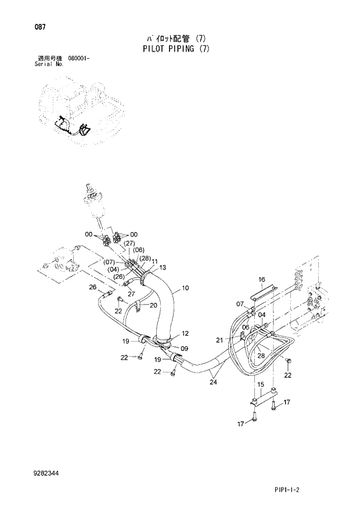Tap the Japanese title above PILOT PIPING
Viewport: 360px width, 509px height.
175,39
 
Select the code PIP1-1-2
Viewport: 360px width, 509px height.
315,492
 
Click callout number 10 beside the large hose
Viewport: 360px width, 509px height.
185,288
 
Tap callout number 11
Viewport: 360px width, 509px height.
155,262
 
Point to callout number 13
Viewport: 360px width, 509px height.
163,268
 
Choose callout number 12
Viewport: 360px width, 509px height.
185,334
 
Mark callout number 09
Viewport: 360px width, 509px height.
185,349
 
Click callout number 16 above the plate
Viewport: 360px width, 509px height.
261,279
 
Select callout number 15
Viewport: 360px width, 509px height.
261,384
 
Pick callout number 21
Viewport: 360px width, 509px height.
219,340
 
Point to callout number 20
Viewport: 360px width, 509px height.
153,305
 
